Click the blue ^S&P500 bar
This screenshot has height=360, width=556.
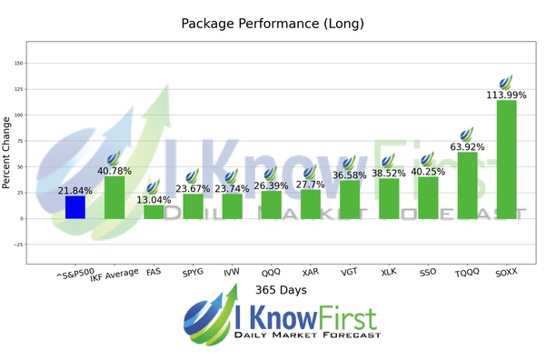pos(75,207)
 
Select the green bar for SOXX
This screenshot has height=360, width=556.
pos(506,160)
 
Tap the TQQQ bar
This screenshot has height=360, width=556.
pos(467,185)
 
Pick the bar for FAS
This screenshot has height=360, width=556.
pos(154,212)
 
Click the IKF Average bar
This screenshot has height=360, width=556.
pos(114,197)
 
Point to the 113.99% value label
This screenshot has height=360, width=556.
pos(506,95)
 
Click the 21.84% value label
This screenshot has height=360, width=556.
pos(75,191)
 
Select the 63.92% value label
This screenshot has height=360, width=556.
pos(467,147)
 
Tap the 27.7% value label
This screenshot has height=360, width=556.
pos(311,185)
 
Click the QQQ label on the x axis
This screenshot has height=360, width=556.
pos(271,273)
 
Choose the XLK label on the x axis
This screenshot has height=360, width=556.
pos(389,273)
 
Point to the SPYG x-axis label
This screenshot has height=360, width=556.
pos(193,273)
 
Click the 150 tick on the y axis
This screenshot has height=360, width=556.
pos(19,63)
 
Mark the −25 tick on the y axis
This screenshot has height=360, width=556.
pos(18,245)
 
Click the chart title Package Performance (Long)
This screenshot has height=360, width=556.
pos(273,24)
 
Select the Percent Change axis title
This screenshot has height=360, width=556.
pos(6,153)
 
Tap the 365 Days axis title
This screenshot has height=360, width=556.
pos(281,290)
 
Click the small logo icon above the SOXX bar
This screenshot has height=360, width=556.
pos(506,83)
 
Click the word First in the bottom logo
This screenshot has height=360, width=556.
pos(347,318)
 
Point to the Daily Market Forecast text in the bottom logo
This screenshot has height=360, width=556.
pos(307,335)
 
